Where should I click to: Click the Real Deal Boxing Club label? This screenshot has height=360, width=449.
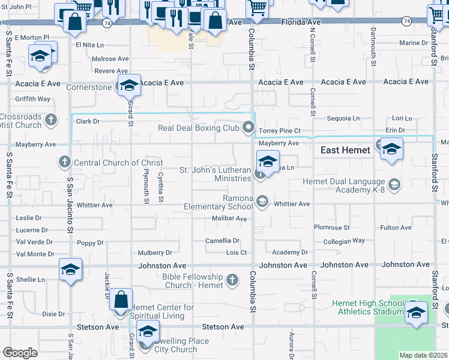coord(199,128)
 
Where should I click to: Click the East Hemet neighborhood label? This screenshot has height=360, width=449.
coord(345,150)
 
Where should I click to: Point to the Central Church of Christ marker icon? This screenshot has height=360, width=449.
coord(65,162)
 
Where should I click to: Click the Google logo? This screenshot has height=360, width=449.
coord(20,353)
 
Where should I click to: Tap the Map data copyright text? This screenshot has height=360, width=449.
coord(424,355)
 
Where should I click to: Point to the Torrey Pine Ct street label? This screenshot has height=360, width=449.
coord(279,131)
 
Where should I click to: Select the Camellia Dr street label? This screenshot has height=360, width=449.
coord(223,241)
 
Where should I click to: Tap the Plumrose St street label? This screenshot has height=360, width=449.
coord(331,228)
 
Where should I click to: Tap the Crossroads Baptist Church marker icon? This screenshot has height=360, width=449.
coord(50,119)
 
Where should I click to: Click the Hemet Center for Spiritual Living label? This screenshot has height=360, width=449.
coord(162,311)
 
